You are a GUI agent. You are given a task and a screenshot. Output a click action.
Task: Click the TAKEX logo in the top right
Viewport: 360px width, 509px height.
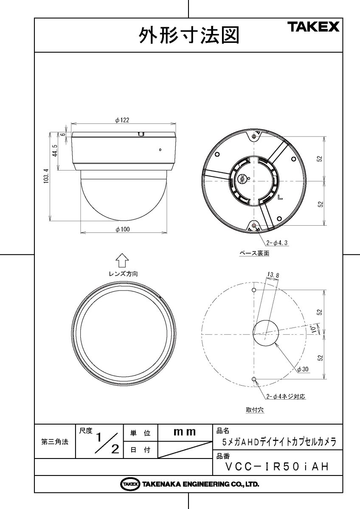click(x=314, y=28)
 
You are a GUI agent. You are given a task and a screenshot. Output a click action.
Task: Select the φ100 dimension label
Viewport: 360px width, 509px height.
click(x=122, y=229)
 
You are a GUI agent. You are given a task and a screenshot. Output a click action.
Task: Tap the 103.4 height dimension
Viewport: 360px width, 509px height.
click(x=47, y=176)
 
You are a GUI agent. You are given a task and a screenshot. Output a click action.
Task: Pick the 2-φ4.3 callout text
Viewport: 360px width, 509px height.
click(x=278, y=243)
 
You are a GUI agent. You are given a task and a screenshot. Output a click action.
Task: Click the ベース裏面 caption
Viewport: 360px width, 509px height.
click(x=254, y=254)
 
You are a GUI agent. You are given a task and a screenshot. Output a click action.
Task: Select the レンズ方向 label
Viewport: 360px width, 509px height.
click(x=122, y=274)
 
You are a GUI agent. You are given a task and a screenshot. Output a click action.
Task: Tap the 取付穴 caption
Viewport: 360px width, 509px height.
click(x=255, y=410)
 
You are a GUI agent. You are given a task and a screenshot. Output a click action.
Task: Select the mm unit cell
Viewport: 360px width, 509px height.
click(x=185, y=433)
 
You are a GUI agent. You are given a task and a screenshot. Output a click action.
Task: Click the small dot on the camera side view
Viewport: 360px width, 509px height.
click(x=160, y=149)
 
